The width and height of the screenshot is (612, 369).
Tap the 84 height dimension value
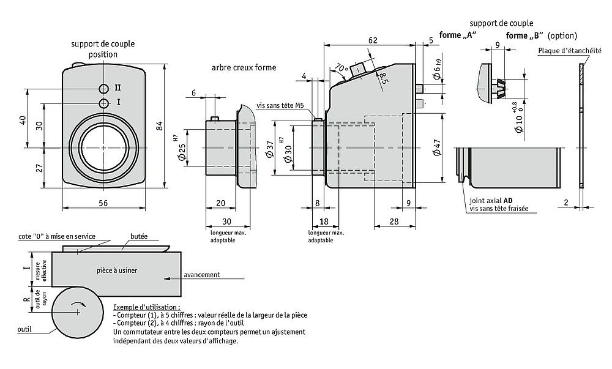(x=159, y=126)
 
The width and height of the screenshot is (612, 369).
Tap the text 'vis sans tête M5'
(x=281, y=105)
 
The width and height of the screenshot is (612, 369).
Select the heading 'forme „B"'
(x=525, y=35)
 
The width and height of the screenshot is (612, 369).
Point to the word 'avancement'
(x=201, y=275)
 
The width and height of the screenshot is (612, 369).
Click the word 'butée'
(x=138, y=236)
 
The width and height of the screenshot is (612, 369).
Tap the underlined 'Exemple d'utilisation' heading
(x=147, y=307)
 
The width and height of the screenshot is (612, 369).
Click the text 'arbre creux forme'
(x=244, y=67)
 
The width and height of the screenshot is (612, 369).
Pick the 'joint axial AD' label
(x=490, y=201)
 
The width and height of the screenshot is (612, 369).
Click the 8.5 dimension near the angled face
(x=383, y=77)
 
